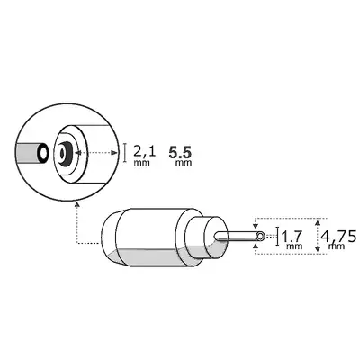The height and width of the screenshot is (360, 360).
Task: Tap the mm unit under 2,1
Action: pyautogui.click(x=142, y=166)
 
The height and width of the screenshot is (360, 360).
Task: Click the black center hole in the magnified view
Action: pyautogui.click(x=65, y=154)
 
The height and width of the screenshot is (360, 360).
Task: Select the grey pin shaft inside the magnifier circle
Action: pyautogui.click(x=30, y=154)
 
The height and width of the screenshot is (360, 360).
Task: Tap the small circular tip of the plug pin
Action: pyautogui.click(x=259, y=238)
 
